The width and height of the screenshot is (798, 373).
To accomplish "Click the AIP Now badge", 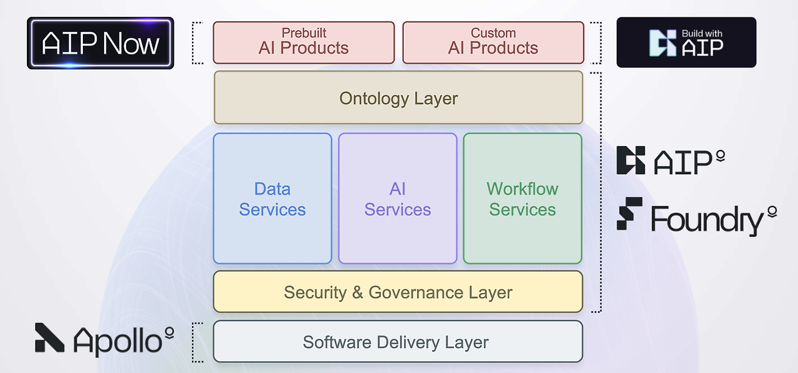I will click(x=100, y=43).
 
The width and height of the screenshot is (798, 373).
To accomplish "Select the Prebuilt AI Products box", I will click(x=304, y=42).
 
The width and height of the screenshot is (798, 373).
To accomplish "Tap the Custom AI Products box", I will click(x=493, y=42).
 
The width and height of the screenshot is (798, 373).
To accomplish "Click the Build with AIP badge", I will click(x=686, y=42).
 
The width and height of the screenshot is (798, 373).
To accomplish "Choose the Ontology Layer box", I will click(x=398, y=98).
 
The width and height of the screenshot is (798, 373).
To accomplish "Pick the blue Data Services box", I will click(x=272, y=198).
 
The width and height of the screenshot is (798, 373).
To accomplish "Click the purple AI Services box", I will click(x=398, y=198).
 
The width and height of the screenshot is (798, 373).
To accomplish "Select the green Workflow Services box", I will click(x=522, y=198).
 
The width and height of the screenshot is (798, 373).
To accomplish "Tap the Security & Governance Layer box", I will click(x=398, y=292).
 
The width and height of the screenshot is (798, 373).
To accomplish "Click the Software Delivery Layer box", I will click(x=398, y=342).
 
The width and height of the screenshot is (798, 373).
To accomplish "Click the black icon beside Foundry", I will click(x=629, y=213).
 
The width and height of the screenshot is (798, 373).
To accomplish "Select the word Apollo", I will click(x=117, y=341).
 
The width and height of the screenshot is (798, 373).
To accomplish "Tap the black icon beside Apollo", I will click(x=49, y=337).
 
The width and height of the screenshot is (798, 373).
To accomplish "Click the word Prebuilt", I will click(x=304, y=33).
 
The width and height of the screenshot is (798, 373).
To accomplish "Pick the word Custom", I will click(x=493, y=33).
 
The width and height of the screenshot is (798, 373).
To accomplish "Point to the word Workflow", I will click(x=522, y=189).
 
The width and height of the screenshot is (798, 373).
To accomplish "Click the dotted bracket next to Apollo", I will click(x=197, y=342).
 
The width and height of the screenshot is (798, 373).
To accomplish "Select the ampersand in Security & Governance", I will click(x=357, y=293).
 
